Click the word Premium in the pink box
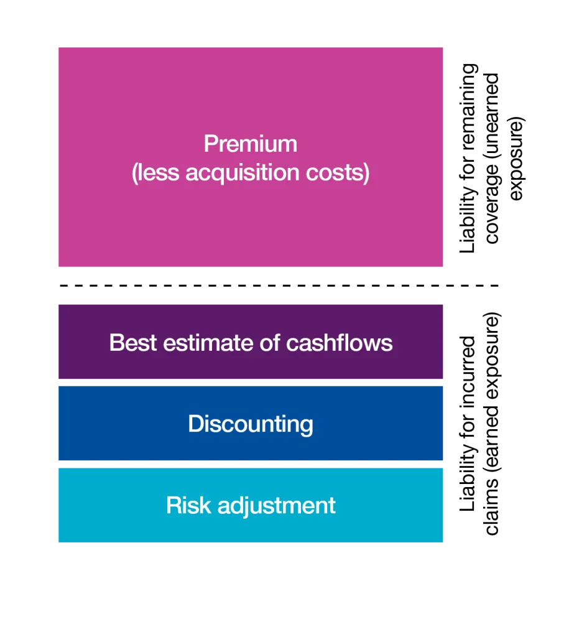click(x=250, y=144)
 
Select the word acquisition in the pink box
click(x=243, y=173)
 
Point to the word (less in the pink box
click(x=155, y=173)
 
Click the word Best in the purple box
click(x=133, y=343)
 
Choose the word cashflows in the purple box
click(x=339, y=343)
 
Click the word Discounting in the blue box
click(x=251, y=424)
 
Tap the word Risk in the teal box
click(x=188, y=505)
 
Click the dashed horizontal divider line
click(x=279, y=286)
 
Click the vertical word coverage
click(x=492, y=203)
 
